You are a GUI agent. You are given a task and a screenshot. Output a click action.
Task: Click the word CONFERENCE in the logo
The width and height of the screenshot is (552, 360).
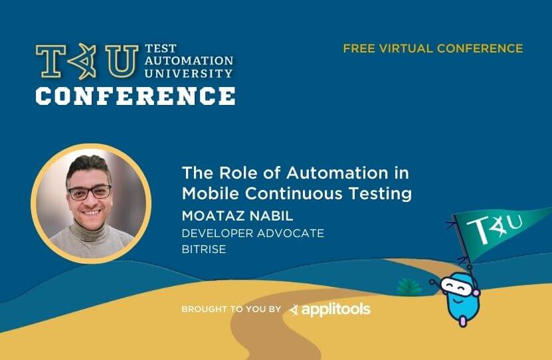tap(136, 96)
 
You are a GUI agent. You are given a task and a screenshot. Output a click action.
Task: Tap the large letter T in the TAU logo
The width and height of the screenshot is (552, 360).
tap(51, 61)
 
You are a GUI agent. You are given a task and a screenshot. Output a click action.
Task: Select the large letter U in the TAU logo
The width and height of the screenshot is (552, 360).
tap(122, 61)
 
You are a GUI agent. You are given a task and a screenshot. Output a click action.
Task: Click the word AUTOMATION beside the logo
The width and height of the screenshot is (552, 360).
tap(189, 60)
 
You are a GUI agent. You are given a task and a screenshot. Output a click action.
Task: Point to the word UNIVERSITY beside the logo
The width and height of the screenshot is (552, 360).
tap(189, 73)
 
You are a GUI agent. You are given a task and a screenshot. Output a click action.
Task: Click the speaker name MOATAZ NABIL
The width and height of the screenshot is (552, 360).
tap(237, 216)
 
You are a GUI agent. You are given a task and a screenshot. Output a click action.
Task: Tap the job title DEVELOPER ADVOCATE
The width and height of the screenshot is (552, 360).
tap(253, 233)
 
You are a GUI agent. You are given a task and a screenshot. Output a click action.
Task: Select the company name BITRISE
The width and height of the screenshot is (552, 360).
tap(204, 249)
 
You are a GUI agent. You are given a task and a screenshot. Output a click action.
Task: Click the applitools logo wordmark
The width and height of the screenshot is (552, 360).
tap(329, 310)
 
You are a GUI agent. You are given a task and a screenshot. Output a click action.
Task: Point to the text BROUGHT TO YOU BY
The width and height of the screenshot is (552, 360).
tap(231, 309)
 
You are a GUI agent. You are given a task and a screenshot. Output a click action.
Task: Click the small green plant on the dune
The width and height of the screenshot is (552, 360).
tap(409, 286)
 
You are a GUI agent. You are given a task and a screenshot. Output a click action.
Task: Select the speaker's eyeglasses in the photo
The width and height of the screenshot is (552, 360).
tap(90, 192)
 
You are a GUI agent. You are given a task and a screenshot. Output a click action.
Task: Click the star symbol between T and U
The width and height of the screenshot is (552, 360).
tap(84, 61)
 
